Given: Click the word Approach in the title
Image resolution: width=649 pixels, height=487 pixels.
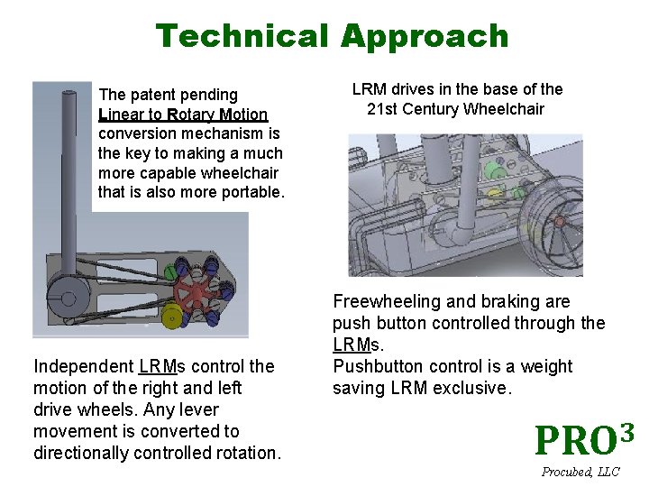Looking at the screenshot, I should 424,37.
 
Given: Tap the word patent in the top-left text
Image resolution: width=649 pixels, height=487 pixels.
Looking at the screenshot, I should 159,95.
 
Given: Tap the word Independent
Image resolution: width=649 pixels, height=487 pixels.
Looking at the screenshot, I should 84,366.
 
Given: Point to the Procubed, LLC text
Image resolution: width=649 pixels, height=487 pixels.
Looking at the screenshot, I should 580,472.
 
